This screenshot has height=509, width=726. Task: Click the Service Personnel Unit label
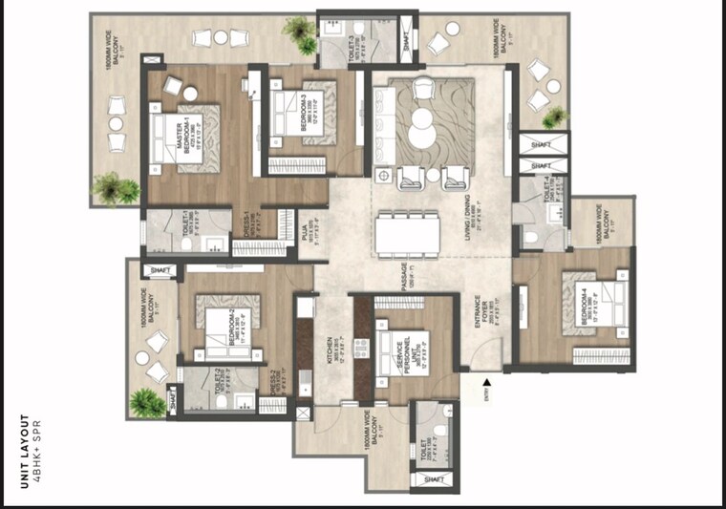[402, 354]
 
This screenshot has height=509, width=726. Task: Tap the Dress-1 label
[246, 225]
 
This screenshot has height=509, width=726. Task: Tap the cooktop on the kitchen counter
[362, 348]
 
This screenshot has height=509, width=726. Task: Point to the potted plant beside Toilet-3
[303, 35]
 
